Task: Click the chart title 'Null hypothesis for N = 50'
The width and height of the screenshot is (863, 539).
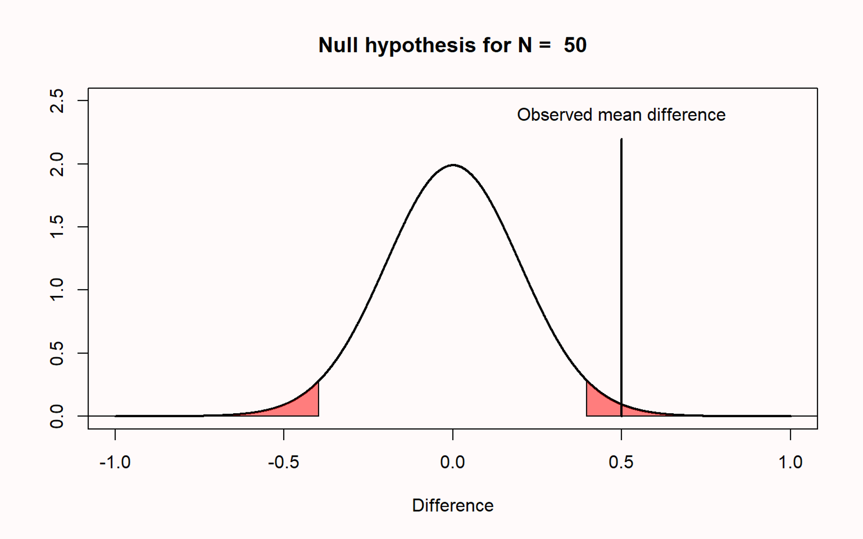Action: point(452,45)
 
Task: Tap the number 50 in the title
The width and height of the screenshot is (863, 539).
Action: point(575,45)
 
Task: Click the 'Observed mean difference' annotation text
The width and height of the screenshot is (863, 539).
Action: point(621,115)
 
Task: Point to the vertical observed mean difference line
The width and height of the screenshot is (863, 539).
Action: point(621,269)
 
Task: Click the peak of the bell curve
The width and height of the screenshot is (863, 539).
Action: point(453,165)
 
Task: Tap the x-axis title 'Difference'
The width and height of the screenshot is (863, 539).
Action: point(453,506)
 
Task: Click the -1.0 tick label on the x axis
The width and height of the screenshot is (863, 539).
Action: point(115,462)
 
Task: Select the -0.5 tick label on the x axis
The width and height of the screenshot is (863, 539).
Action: point(284,462)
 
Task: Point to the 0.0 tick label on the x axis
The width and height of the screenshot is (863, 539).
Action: point(453,462)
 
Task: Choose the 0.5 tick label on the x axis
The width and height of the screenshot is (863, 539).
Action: point(621,462)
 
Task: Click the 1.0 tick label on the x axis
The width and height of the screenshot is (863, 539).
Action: point(790,462)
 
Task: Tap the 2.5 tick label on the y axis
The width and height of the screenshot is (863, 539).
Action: point(57,101)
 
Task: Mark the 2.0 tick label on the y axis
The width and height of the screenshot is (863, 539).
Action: point(57,164)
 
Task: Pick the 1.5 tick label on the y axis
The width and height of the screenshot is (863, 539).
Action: point(57,227)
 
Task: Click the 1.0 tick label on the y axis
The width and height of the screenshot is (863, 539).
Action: point(57,290)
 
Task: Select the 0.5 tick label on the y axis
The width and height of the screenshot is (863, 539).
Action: point(57,353)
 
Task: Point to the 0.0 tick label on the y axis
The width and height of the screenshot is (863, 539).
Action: point(57,416)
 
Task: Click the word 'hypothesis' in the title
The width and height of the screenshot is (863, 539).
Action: point(420,45)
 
